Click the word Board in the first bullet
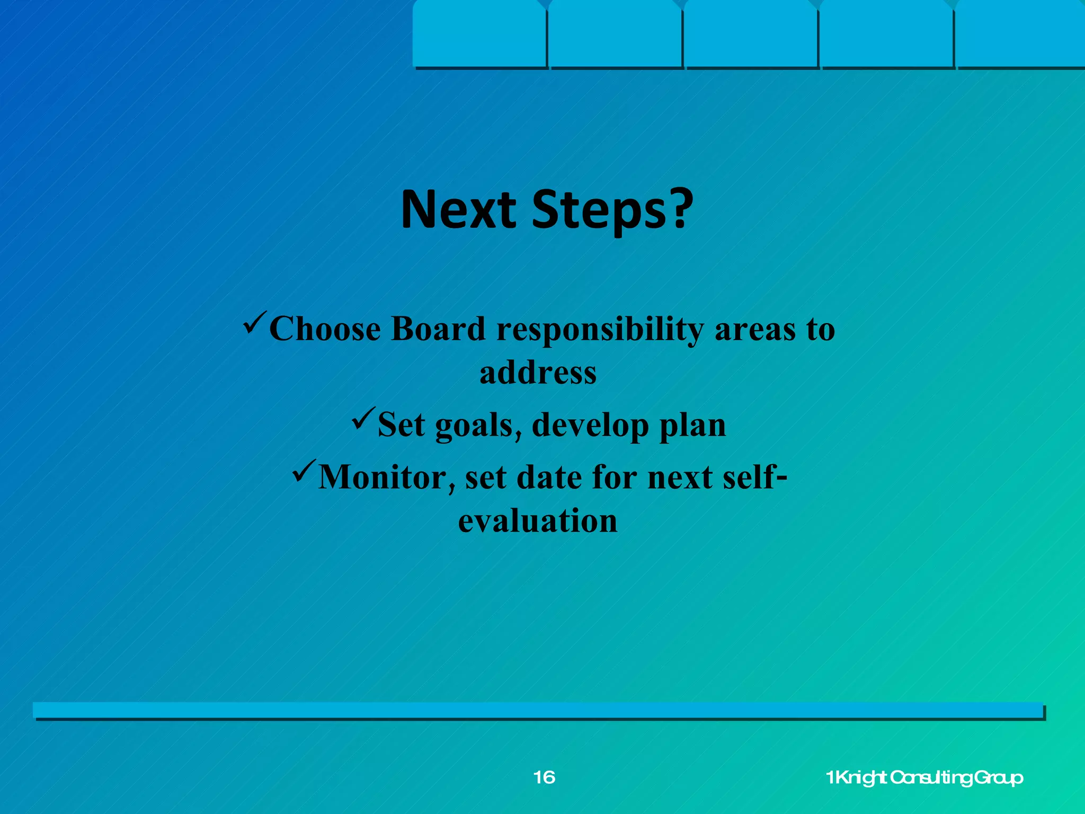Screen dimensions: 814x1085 [438, 329]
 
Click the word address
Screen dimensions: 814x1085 [538, 372]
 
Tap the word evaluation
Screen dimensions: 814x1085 [538, 521]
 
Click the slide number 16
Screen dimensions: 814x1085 [544, 777]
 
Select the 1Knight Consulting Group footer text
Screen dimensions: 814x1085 [924, 777]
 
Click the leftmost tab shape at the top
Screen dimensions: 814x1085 [479, 33]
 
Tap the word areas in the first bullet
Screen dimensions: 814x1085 [754, 329]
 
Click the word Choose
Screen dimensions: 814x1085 [325, 329]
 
